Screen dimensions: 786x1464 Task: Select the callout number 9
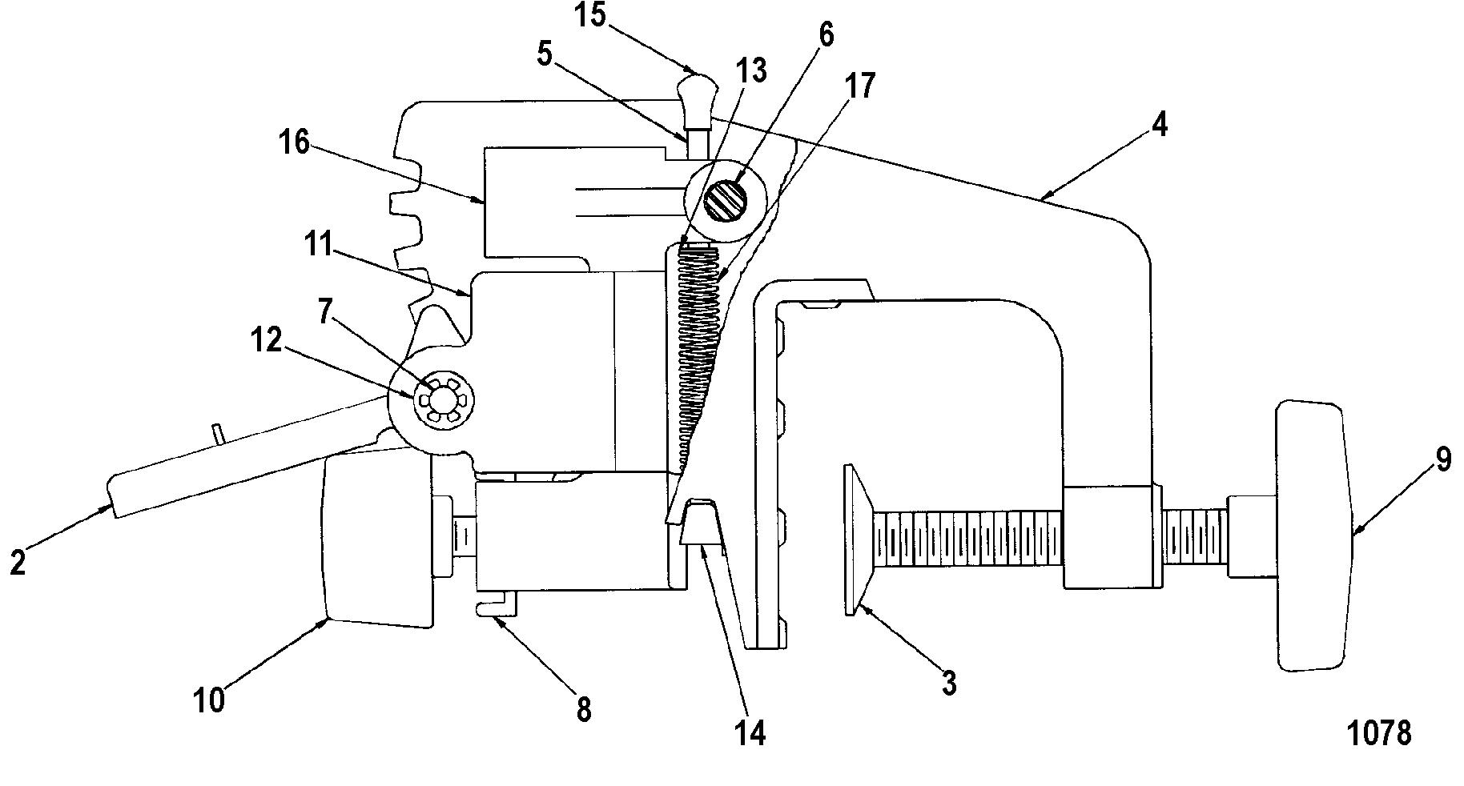pos(1442,462)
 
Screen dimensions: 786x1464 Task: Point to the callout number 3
pos(948,683)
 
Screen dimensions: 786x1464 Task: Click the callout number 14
pos(750,732)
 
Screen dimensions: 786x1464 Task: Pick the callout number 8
pos(584,708)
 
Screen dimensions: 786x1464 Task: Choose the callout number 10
pos(209,700)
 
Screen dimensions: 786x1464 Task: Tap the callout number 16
pos(294,142)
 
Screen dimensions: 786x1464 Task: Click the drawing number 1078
pos(1379,732)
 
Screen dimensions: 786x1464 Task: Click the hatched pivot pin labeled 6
pos(726,199)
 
